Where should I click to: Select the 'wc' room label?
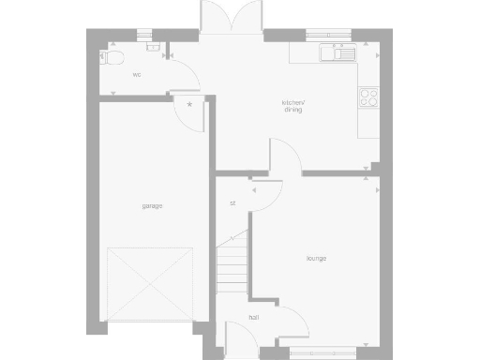click(x=136, y=74)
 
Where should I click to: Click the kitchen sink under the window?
click(x=338, y=52)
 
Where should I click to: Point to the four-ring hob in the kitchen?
click(x=368, y=96)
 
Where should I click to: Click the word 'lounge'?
click(x=315, y=258)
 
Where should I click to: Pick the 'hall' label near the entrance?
click(x=253, y=318)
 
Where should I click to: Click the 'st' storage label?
click(x=232, y=203)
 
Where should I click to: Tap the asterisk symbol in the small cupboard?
click(x=190, y=104)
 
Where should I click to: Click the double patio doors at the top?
click(x=230, y=19)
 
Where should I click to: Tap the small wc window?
click(x=144, y=35)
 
